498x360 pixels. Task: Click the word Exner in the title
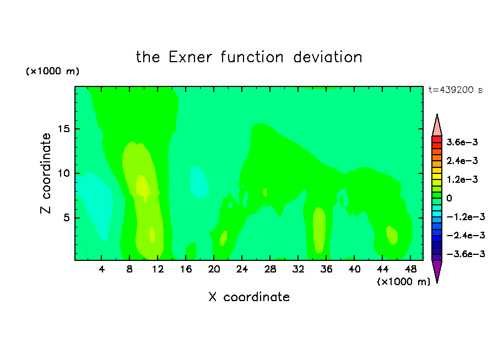(190, 57)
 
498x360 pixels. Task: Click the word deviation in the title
(328, 57)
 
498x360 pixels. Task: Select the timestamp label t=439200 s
(456, 90)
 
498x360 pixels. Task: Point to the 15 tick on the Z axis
(63, 129)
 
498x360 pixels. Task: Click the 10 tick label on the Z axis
(63, 173)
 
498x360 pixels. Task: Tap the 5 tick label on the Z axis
(66, 218)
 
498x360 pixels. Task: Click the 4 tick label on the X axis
(101, 269)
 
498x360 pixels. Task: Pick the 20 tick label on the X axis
(214, 269)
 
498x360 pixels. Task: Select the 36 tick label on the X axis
(326, 269)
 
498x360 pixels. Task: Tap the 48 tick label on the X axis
(410, 269)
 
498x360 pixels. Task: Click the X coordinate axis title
(249, 297)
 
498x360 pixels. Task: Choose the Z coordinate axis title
(46, 173)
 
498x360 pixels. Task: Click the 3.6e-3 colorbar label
(462, 142)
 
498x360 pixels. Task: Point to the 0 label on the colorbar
(449, 198)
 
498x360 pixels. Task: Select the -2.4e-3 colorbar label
(465, 236)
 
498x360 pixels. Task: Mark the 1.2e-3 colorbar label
(462, 179)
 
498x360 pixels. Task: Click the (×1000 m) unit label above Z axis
(52, 71)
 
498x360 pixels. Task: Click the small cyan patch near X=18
(199, 182)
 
